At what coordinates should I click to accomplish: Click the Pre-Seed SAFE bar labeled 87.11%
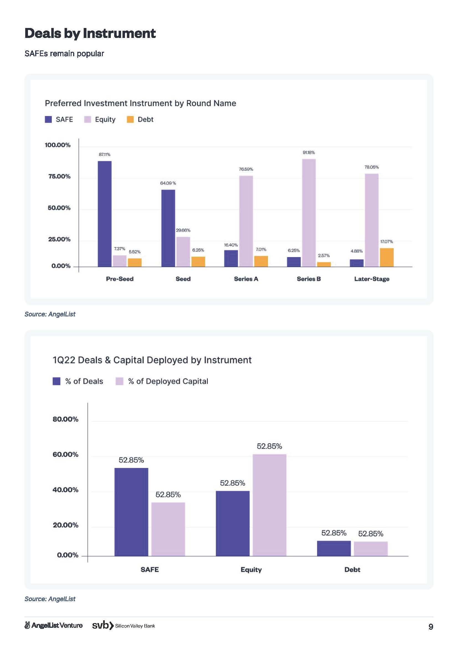pos(104,214)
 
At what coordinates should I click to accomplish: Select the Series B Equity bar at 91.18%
pos(309,213)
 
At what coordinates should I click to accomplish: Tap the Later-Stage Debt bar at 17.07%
pos(386,257)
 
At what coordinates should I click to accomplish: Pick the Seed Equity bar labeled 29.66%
pos(183,252)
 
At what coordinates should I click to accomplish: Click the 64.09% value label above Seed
pos(168,183)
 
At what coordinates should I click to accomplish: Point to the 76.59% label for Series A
pos(246,169)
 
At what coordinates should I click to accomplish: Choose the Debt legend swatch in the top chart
pos(130,119)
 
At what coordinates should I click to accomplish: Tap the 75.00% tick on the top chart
pos(59,176)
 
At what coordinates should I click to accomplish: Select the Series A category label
pos(246,279)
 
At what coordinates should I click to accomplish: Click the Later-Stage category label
pos(372,279)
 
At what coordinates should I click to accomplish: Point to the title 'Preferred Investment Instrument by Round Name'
pos(140,103)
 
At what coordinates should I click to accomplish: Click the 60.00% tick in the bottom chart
pos(65,454)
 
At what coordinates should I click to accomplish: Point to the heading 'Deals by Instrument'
pos(90,33)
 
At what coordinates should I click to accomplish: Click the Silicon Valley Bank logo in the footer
pos(124,626)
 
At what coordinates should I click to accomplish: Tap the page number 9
pos(431,627)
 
